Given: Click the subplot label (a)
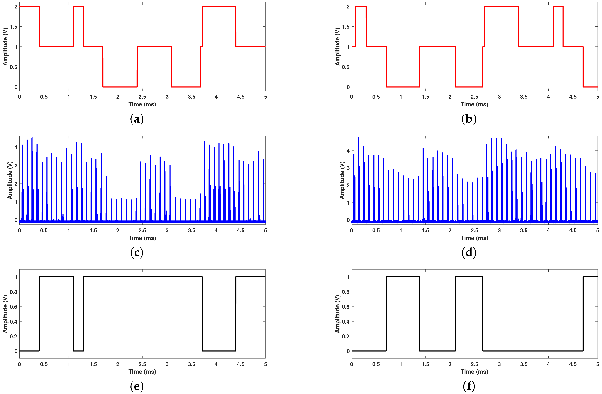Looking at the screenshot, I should pos(137,119).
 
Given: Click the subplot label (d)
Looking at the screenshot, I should pos(469,252).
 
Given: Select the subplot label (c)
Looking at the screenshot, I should pos(137,252).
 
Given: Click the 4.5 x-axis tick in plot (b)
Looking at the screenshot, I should pos(573,97).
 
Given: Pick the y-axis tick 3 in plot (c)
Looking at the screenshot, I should pos(16,165).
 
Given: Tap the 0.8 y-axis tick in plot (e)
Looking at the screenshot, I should pos(13,292).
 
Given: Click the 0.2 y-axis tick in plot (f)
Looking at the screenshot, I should pos(346,336).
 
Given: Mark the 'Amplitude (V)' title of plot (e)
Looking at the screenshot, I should pos(5,314).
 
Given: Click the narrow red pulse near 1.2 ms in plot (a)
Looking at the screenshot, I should pos(78,7).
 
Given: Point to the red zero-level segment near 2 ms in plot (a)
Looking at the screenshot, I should pos(120,87).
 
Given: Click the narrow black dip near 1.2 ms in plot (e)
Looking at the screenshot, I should pos(78,351).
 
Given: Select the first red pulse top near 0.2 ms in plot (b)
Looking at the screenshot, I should pos(360,7).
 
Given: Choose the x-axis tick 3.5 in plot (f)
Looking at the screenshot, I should pos(524,364).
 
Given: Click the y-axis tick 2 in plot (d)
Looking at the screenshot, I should pos(348,185).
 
